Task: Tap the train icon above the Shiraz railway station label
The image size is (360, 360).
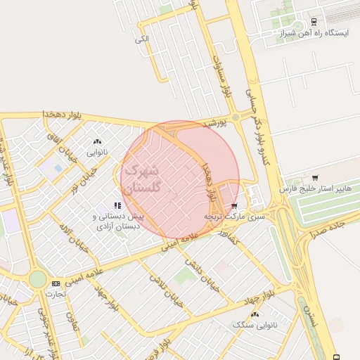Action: coord(314,22)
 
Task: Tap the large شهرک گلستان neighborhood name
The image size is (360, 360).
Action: coord(145,179)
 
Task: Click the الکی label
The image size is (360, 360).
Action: coord(142,39)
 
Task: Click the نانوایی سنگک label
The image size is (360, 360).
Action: coord(255,325)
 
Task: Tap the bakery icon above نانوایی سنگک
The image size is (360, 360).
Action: coord(255,314)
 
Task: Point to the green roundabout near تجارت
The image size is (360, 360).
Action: coord(37,280)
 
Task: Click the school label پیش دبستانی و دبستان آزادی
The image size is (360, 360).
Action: coord(117,221)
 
